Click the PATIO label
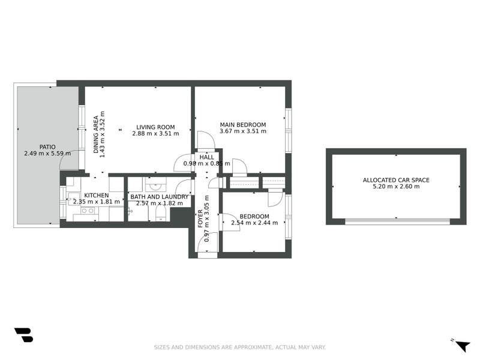tap(47, 146)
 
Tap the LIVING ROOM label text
tap(155, 127)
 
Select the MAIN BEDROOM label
tap(242, 124)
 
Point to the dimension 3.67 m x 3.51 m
tap(242, 131)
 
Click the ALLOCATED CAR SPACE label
tap(396, 179)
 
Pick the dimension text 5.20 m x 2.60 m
tap(396, 187)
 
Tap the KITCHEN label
tap(96, 196)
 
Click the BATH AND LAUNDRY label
tap(160, 196)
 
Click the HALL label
tap(207, 157)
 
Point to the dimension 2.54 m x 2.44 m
tap(254, 223)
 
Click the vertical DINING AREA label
tap(96, 135)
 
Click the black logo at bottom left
tap(23, 335)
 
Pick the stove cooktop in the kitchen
tap(87, 211)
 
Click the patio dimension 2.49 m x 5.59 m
tap(47, 154)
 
